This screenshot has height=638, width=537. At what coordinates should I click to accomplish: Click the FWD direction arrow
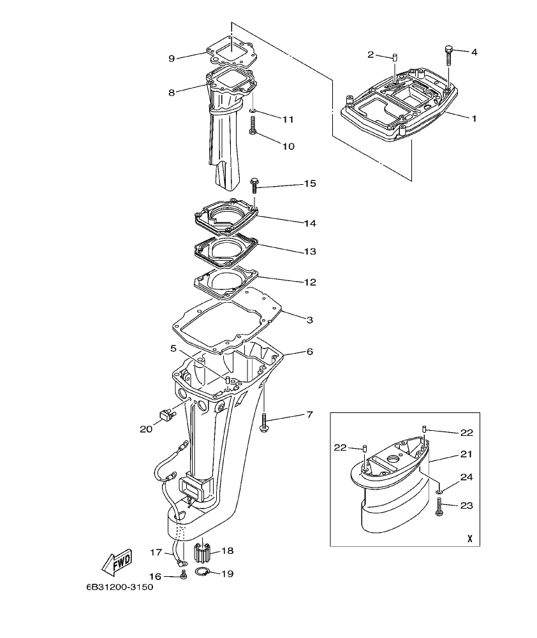[117, 562]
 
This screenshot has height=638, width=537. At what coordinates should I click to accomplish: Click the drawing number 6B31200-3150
[119, 588]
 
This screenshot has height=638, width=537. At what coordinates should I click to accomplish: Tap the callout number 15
[309, 184]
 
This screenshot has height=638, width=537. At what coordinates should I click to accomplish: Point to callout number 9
[172, 59]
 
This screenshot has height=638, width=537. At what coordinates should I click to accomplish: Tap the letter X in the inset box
[469, 538]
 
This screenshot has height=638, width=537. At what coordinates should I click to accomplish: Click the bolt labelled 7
[263, 421]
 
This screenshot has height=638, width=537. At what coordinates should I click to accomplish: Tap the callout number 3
[309, 319]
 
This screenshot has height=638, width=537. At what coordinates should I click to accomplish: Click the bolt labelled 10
[253, 127]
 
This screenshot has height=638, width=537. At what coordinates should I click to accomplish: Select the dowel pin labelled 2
[395, 59]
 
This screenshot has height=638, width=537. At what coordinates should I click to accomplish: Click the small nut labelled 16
[184, 576]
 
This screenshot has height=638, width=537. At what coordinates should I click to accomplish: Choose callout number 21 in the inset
[466, 455]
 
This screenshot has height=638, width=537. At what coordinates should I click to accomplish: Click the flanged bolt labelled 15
[254, 184]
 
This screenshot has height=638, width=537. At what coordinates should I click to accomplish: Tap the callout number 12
[309, 281]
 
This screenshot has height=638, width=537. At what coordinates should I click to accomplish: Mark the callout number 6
[309, 351]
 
